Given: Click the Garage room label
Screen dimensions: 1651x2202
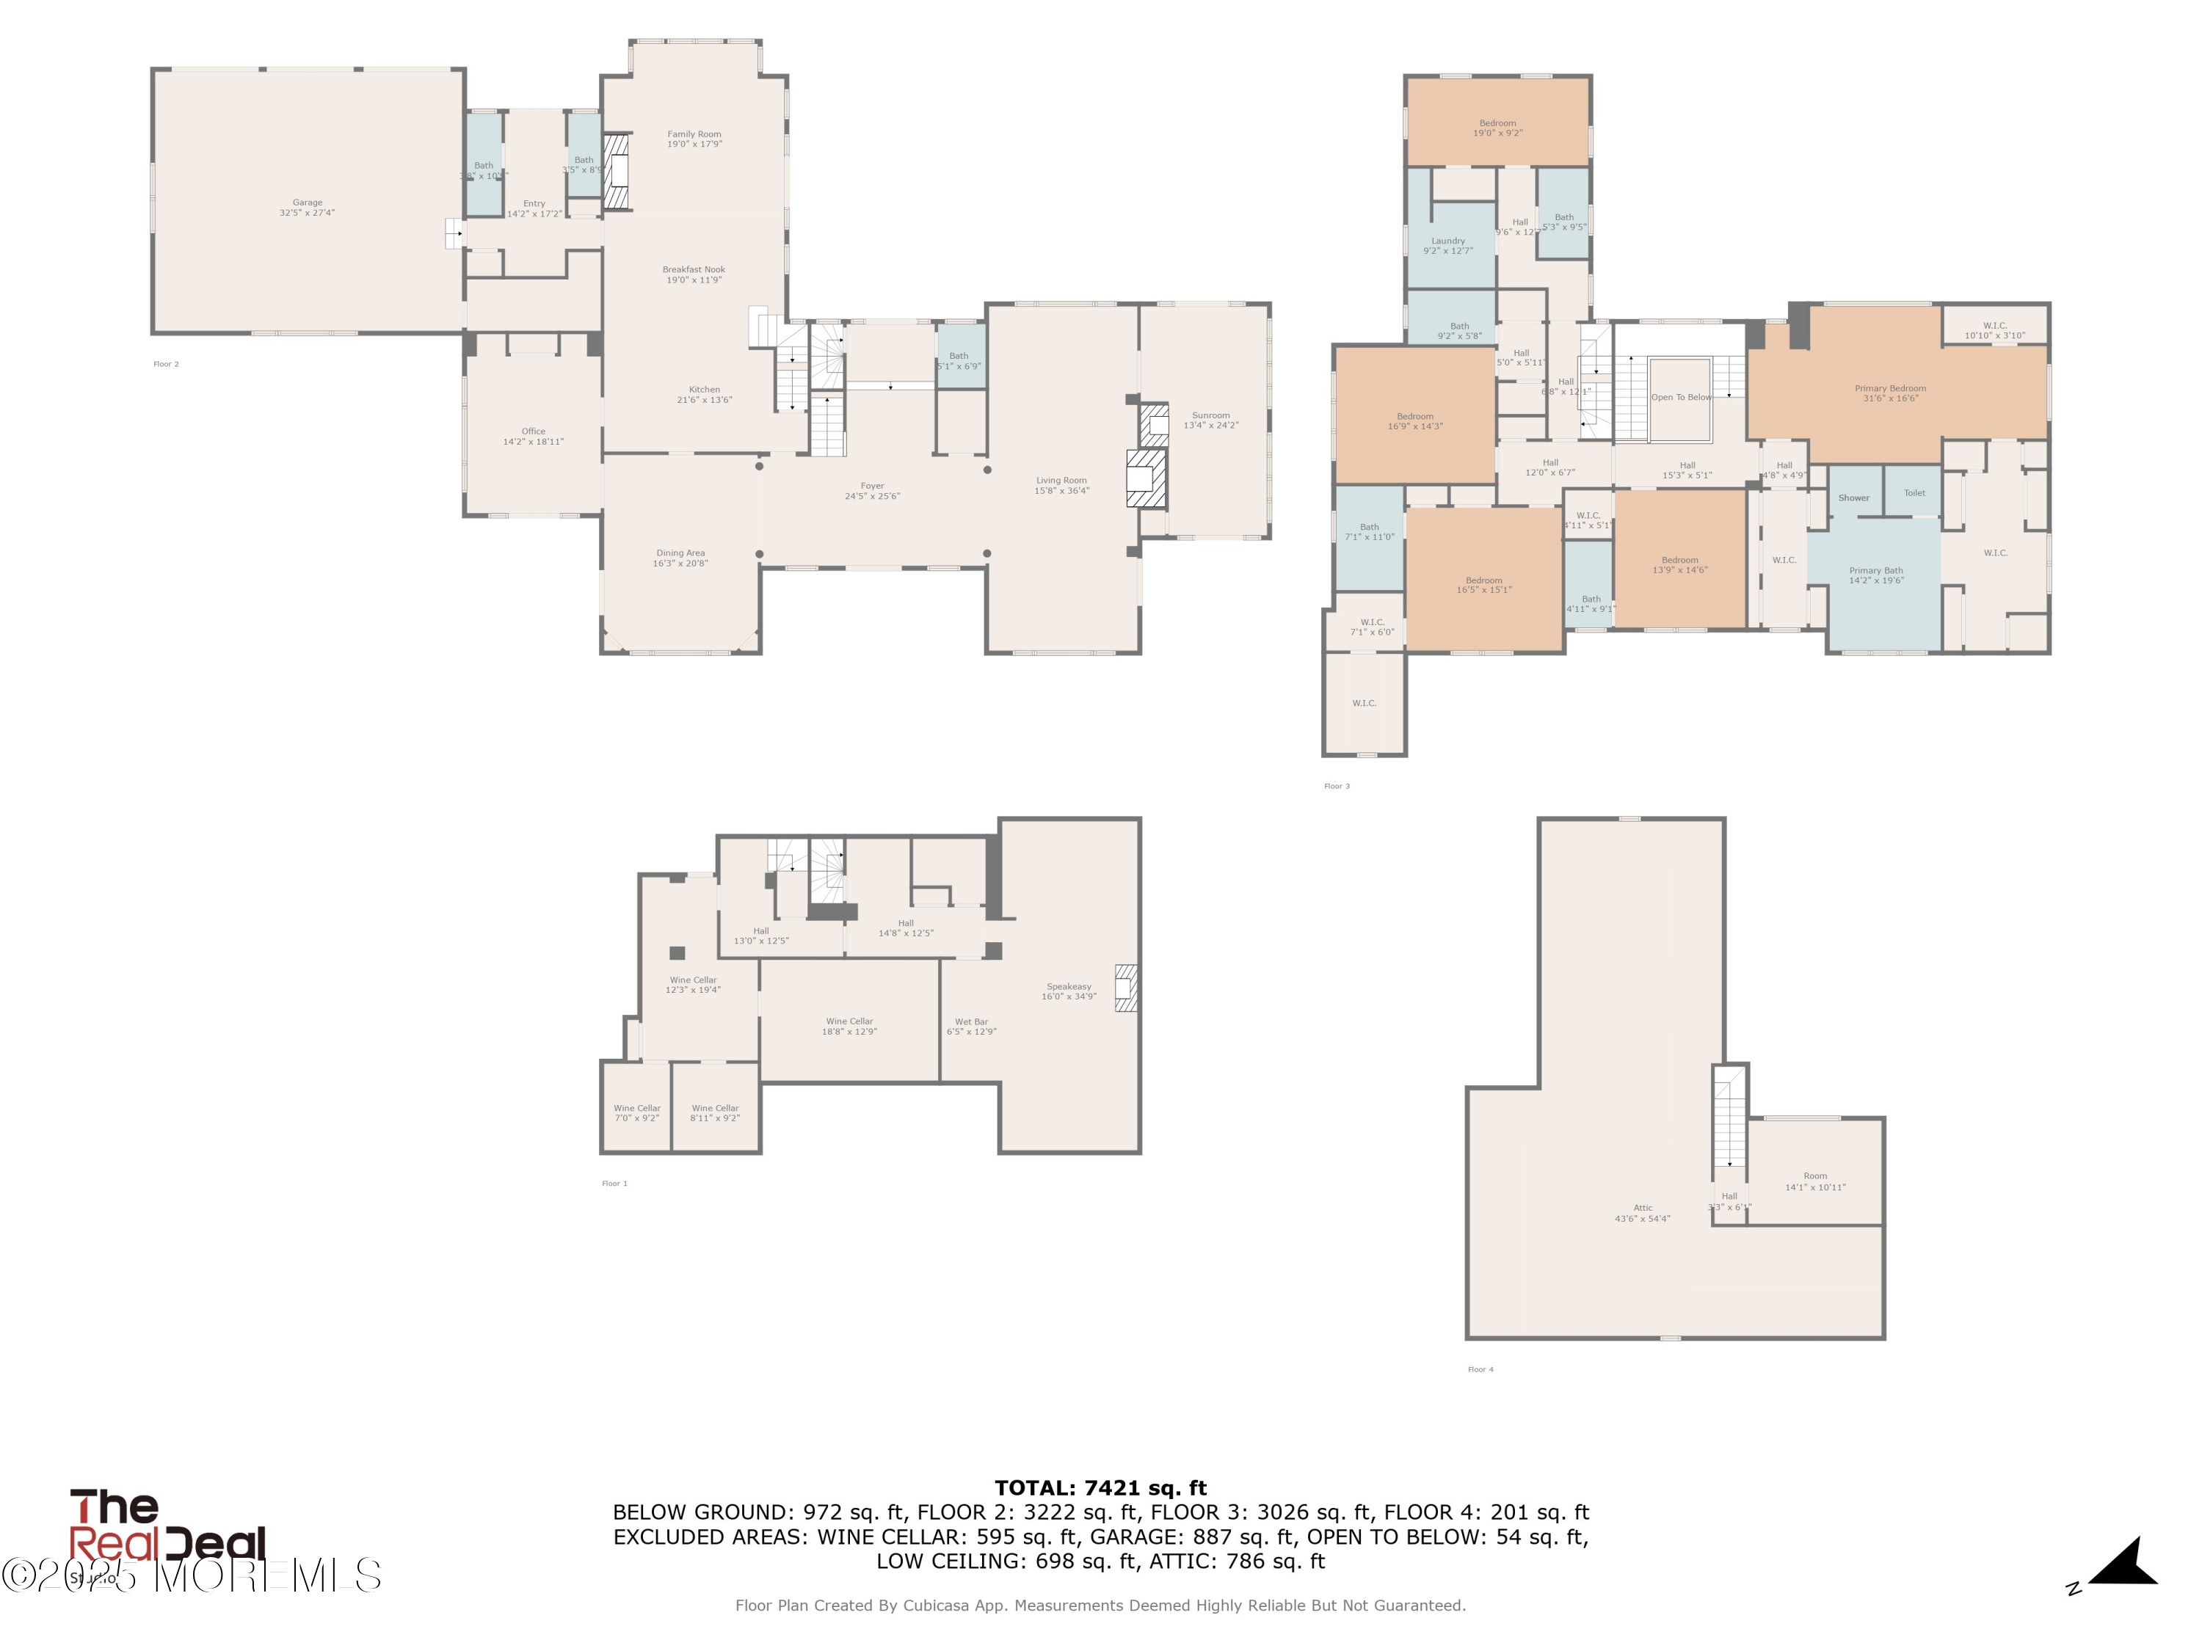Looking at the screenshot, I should (x=307, y=207).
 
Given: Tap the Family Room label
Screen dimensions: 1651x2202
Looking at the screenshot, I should (x=694, y=139).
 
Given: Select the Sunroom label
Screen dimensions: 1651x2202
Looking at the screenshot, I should (x=1210, y=420).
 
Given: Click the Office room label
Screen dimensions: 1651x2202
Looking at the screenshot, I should (x=533, y=436).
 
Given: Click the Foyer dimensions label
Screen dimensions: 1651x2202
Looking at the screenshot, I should (x=872, y=495).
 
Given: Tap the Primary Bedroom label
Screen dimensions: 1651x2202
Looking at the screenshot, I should (x=1889, y=393).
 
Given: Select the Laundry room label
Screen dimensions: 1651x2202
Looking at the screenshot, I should (x=1447, y=245).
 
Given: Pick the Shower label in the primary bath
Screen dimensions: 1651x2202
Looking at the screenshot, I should (x=1853, y=498).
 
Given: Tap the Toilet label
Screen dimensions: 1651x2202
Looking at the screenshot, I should (x=1914, y=492).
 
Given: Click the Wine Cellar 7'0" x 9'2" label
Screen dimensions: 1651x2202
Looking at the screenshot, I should (x=636, y=1112).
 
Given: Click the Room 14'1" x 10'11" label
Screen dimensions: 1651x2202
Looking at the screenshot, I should (x=1814, y=1181).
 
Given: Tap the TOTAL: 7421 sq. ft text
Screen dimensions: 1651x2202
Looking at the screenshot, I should (x=1100, y=1488).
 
